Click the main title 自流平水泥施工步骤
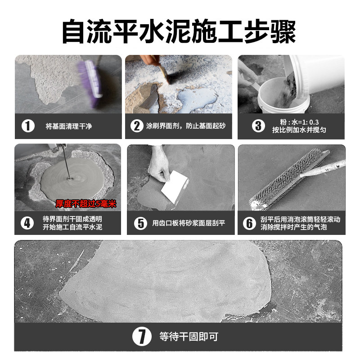tap(179, 31)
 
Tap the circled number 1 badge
tap(28, 126)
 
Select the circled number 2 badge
tap(137, 126)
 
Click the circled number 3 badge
tap(258, 126)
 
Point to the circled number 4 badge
tap(27, 223)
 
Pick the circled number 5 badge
tap(140, 223)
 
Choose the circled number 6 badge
tap(249, 223)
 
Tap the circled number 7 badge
tap(142, 336)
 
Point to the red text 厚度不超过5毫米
tap(86, 204)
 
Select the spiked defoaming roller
tap(289, 179)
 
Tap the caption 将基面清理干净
tap(69, 126)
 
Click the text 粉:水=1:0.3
tap(299, 122)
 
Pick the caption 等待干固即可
tap(189, 337)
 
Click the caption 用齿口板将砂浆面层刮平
tap(189, 223)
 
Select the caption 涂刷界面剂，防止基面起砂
tap(186, 126)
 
